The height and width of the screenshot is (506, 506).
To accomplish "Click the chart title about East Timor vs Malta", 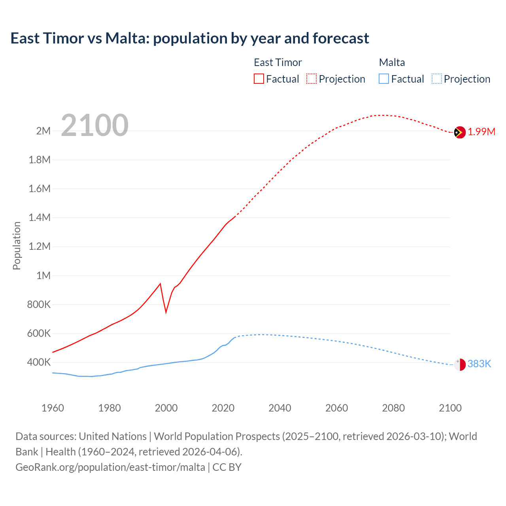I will pyautogui.click(x=190, y=38).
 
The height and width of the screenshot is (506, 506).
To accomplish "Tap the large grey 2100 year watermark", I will pyautogui.click(x=94, y=125).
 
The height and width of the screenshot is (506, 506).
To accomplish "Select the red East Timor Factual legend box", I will pyautogui.click(x=259, y=79).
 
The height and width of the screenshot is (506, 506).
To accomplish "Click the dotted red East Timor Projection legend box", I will pyautogui.click(x=312, y=79).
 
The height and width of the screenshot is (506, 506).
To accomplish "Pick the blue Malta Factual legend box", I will pyautogui.click(x=383, y=79).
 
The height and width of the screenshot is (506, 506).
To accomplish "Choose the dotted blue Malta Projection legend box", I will pyautogui.click(x=436, y=79).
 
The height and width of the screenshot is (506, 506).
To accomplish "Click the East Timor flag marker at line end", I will pyautogui.click(x=459, y=132).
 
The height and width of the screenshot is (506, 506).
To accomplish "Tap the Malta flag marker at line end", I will pyautogui.click(x=459, y=364).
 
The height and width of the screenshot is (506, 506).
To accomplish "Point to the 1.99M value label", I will pyautogui.click(x=481, y=132).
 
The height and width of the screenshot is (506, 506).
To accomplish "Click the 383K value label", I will pyautogui.click(x=479, y=364).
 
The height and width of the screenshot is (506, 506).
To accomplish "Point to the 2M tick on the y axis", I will pyautogui.click(x=43, y=131).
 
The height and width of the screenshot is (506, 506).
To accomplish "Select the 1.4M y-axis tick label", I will pyautogui.click(x=40, y=217).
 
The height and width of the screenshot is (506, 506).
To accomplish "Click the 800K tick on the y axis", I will pyautogui.click(x=39, y=304).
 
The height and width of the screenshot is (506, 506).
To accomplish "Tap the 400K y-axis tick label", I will pyautogui.click(x=39, y=363).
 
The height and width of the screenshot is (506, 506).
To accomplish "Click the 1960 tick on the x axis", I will pyautogui.click(x=53, y=408).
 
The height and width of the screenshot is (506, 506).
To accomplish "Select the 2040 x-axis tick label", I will pyautogui.click(x=280, y=408).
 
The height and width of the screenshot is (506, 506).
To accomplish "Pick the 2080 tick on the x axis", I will pyautogui.click(x=393, y=408).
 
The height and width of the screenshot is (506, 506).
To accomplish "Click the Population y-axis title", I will pyautogui.click(x=17, y=245).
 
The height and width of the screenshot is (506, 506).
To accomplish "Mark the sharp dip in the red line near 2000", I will pyautogui.click(x=166, y=312).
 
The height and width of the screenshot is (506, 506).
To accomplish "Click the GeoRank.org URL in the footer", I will pyautogui.click(x=110, y=467).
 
